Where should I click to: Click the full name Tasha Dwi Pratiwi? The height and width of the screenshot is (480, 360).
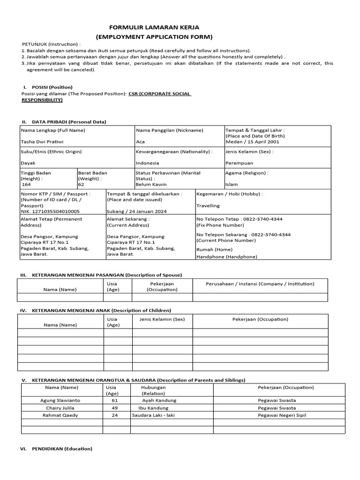pyautogui.click(x=42, y=141)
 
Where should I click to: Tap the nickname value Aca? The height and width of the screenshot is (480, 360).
pyautogui.click(x=140, y=141)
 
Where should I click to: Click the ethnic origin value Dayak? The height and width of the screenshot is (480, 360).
pyautogui.click(x=28, y=163)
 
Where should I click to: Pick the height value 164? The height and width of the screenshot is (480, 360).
pyautogui.click(x=26, y=184)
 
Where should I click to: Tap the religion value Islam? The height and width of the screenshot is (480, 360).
pyautogui.click(x=231, y=184)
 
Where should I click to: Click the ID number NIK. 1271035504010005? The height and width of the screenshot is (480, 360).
pyautogui.click(x=50, y=211)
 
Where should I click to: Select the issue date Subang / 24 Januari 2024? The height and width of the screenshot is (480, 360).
pyautogui.click(x=136, y=211)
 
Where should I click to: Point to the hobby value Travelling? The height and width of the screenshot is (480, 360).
pyautogui.click(x=208, y=205)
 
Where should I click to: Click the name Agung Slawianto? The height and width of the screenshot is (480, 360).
pyautogui.click(x=61, y=400)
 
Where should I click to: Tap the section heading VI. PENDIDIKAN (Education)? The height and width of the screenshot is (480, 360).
pyautogui.click(x=61, y=449)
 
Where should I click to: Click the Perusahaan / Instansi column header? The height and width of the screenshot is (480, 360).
pyautogui.click(x=260, y=284)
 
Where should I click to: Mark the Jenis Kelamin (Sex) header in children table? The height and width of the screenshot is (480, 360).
pyautogui.click(x=162, y=319)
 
